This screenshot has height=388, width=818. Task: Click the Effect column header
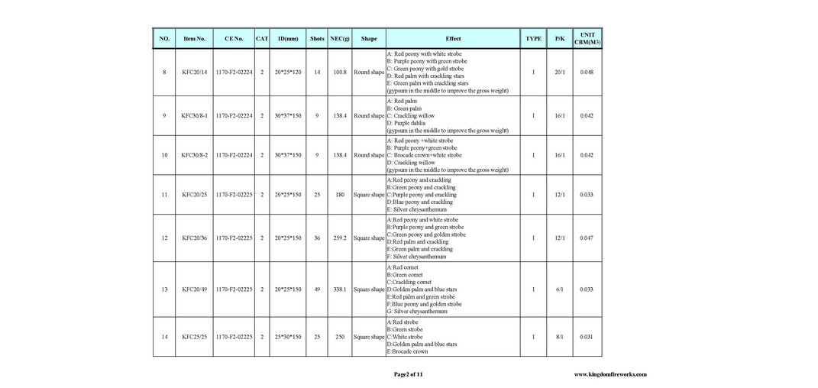coord(453,38)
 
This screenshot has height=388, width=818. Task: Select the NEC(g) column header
coord(340,38)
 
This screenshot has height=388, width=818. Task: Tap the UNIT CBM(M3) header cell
coord(587,38)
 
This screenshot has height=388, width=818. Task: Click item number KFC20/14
coord(194,73)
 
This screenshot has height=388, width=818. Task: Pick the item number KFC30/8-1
coord(194,116)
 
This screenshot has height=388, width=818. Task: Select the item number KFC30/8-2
coord(194,155)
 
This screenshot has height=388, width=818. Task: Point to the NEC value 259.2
coord(340,238)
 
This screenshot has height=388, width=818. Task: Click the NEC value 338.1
coord(340,289)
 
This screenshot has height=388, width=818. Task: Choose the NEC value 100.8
coord(340,73)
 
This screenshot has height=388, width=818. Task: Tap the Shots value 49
coord(317,289)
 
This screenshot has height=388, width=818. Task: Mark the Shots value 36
coord(317,238)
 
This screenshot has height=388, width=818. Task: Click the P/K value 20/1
coord(560,73)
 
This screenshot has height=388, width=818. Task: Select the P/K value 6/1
coord(560,289)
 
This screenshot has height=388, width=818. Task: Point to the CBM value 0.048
coord(587,73)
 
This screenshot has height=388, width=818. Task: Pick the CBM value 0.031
coord(587,337)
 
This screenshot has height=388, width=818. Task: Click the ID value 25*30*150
coord(289,337)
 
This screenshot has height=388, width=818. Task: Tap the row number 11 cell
coord(164,195)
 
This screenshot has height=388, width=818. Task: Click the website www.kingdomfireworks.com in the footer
coord(610,374)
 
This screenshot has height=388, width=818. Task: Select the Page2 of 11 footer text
coord(408,374)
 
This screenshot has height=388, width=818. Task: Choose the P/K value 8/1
coord(560,337)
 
